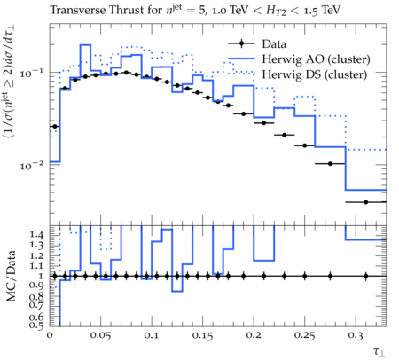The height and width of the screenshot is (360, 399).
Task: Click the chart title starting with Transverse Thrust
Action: [x=195, y=10]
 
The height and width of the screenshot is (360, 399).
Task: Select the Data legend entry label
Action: [x=274, y=44]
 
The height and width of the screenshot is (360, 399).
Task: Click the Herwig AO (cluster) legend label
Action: [x=316, y=59]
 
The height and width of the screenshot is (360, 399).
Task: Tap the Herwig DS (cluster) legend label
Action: [x=315, y=74]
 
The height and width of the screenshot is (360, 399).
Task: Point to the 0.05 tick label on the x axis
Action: [x=100, y=335]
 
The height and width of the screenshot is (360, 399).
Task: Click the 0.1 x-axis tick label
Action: [x=152, y=335]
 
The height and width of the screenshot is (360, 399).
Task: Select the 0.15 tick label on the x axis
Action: [x=203, y=335]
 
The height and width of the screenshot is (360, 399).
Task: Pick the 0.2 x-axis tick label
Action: [x=254, y=335]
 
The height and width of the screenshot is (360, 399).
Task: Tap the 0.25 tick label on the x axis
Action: [x=305, y=335]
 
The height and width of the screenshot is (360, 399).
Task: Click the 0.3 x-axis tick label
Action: [x=356, y=335]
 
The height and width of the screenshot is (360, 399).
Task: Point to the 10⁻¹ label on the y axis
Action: [x=33, y=73]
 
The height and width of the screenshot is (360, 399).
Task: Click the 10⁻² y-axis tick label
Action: [x=33, y=166]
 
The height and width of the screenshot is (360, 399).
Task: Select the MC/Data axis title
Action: [x=11, y=276]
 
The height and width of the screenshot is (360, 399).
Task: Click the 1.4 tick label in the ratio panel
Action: [x=37, y=235]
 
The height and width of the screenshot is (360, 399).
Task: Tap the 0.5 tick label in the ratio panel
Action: [x=37, y=325]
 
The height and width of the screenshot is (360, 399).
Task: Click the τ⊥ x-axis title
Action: [x=379, y=351]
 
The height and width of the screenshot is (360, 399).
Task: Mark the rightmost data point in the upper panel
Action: [x=366, y=202]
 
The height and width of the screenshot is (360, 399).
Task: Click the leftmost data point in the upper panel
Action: [x=55, y=127]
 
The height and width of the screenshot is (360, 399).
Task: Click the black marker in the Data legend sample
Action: [x=242, y=43]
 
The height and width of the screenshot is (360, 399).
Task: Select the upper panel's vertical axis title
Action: [x=10, y=82]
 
